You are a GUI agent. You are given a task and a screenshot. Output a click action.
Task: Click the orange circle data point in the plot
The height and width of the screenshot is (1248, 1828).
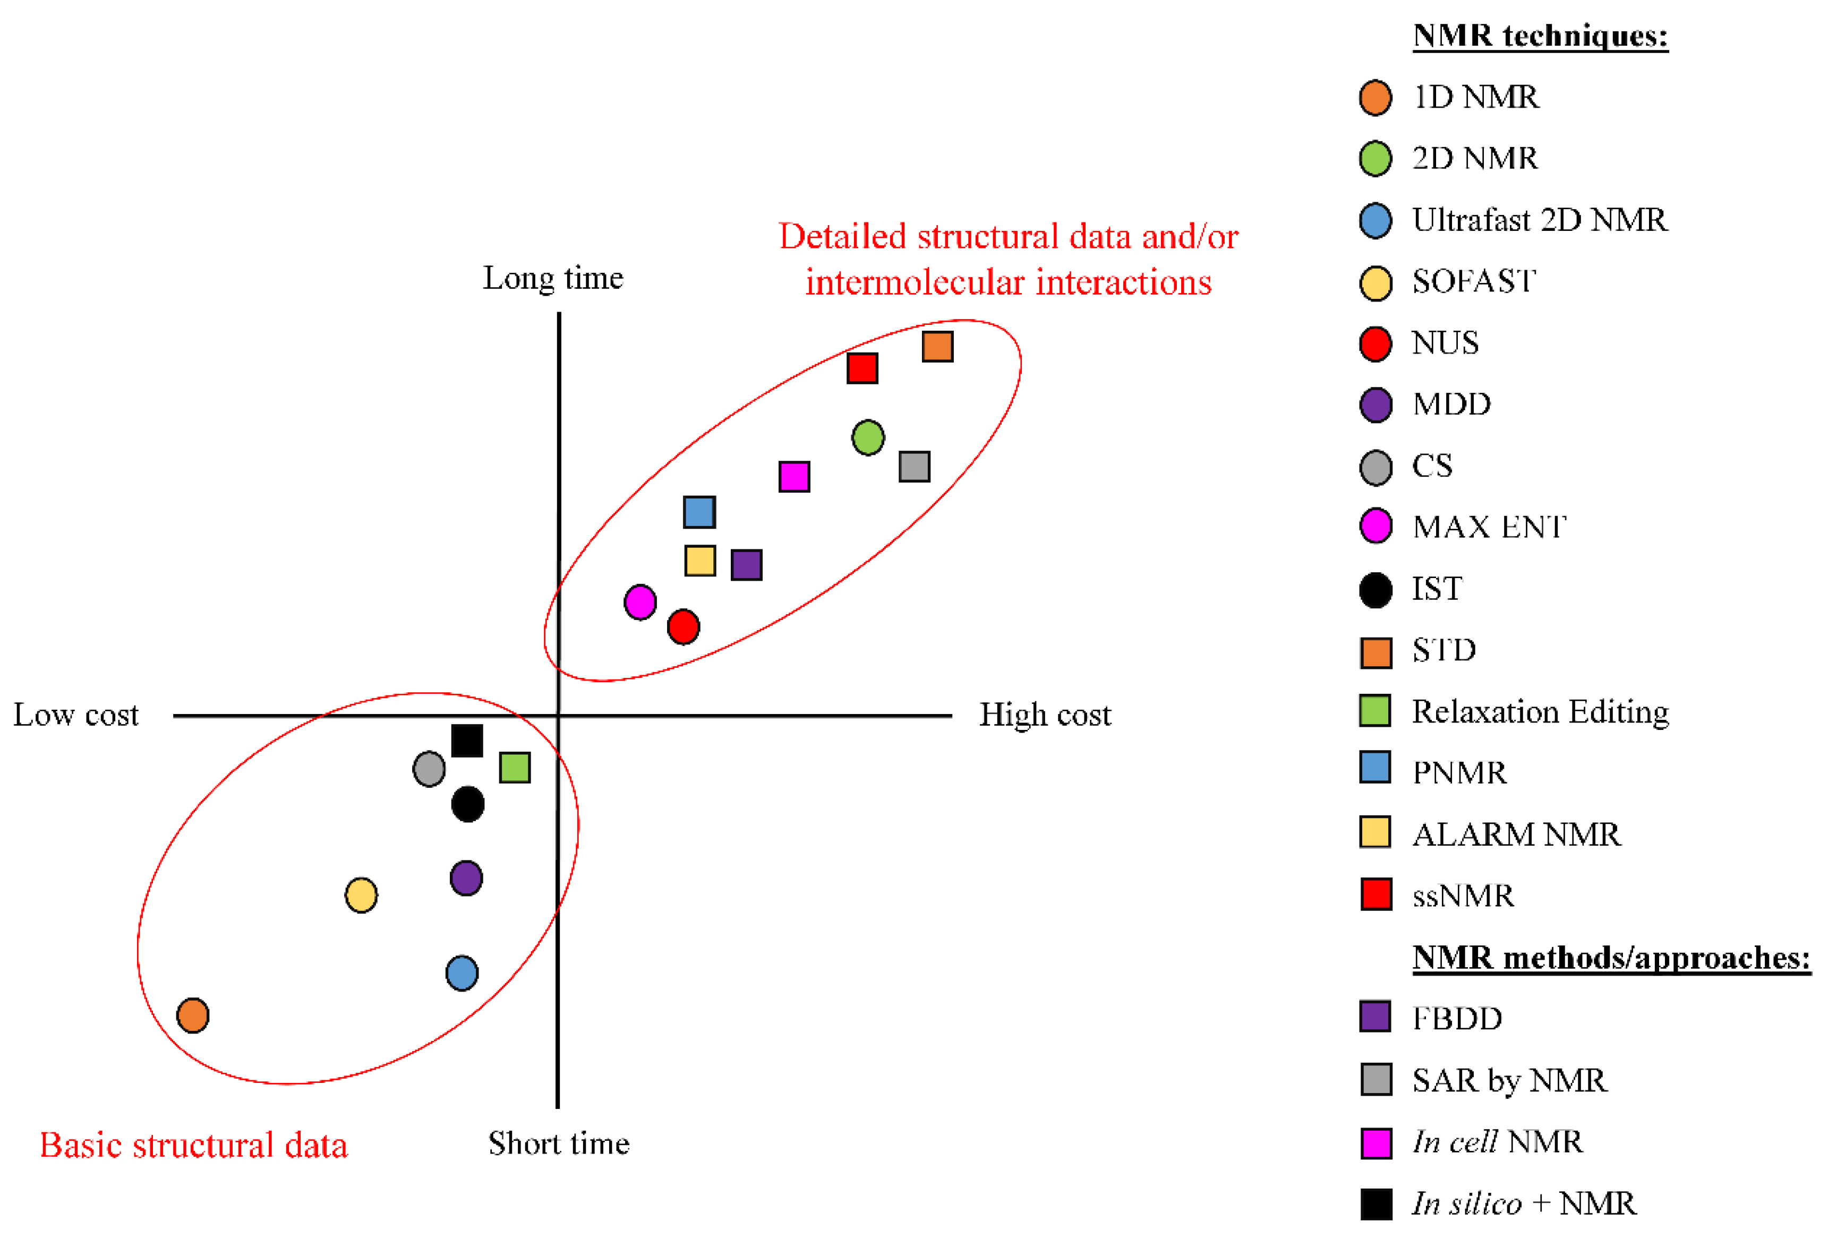pos(193,1015)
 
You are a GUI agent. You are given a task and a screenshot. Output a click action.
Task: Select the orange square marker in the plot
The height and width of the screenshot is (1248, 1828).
pos(937,346)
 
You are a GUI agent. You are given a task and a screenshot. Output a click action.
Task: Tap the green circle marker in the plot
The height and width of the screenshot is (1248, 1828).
pos(868,437)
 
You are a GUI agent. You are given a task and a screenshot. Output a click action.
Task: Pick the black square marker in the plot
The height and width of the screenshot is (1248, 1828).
pos(467,741)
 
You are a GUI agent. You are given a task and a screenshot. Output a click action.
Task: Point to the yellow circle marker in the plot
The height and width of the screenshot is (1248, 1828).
pos(361,895)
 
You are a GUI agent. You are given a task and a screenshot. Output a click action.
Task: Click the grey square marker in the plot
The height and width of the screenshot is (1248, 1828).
pos(914,466)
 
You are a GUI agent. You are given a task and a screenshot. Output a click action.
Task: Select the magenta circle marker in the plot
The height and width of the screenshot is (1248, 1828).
pos(640,603)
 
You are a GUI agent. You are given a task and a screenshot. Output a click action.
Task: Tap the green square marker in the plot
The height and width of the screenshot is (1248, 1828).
pos(515,768)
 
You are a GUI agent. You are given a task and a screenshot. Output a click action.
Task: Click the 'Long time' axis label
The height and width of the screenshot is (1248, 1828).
pos(553,278)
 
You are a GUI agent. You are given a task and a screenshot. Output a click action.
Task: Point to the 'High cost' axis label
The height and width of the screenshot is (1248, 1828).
pos(1045,715)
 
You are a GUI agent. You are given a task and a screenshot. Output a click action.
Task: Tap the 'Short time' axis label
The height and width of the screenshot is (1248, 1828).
pos(559,1143)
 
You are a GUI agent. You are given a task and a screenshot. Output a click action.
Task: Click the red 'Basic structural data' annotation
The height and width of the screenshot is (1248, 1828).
pos(193,1145)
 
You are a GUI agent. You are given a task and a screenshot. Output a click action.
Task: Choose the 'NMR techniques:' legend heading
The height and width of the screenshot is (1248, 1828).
pos(1540,36)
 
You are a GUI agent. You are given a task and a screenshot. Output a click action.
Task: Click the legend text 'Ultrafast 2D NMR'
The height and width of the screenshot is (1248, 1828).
pos(1539,220)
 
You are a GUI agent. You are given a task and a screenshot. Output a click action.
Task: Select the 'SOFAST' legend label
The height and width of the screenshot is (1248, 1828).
pos(1473,281)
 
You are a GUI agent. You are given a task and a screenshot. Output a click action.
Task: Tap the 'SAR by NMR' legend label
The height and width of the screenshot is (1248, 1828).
pos(1509,1080)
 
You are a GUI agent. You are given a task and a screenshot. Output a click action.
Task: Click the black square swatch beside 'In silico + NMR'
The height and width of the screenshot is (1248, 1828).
pos(1376,1204)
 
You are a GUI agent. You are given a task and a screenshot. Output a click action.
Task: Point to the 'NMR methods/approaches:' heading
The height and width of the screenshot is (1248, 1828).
pos(1611,958)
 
